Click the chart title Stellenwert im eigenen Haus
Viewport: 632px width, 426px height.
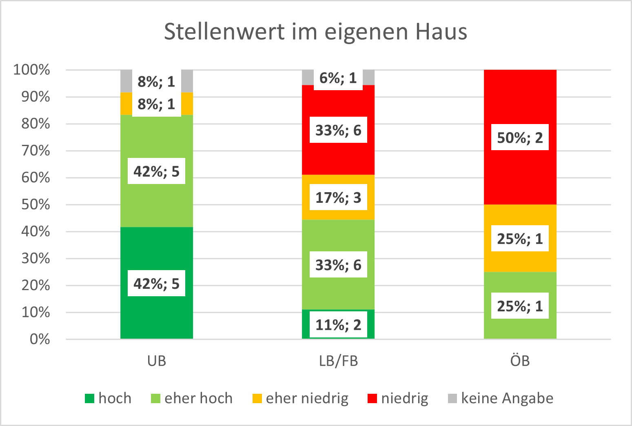tap(315, 32)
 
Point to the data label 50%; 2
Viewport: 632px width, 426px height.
tap(520, 138)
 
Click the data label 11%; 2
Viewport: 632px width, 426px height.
tap(338, 325)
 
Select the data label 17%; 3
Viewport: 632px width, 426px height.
tap(338, 197)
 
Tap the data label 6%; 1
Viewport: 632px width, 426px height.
tap(338, 78)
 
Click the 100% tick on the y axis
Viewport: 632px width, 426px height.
tap(32, 70)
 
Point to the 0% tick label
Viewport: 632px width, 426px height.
tap(40, 339)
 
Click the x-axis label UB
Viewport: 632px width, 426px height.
tap(157, 361)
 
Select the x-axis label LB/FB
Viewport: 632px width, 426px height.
tap(338, 361)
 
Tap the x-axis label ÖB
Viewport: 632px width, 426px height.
tap(520, 361)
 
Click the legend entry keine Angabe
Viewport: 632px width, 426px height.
tap(507, 398)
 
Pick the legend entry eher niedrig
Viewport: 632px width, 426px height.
tap(307, 398)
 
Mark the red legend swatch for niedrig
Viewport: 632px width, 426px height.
tap(372, 398)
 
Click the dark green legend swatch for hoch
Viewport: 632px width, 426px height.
tap(89, 398)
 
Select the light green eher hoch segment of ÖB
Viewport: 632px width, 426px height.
tap(520, 286)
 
